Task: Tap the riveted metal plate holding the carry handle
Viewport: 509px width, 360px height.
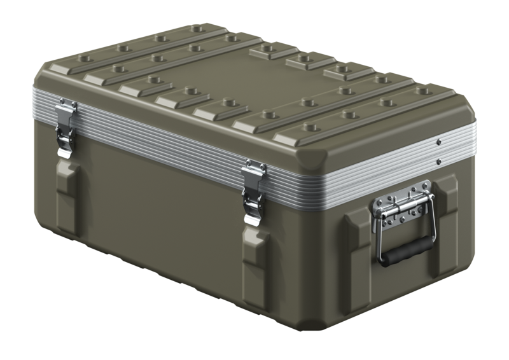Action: (x=401, y=205)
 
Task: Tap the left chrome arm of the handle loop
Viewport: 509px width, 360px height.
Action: (x=379, y=239)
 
